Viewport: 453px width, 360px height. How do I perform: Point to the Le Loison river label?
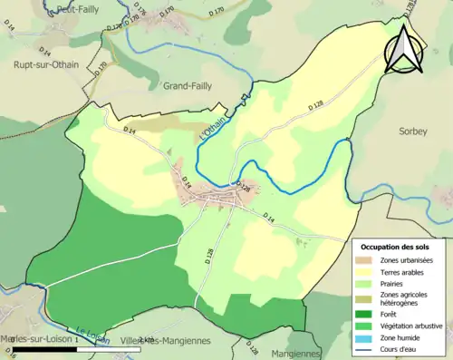pyautogui.click(x=92, y=336)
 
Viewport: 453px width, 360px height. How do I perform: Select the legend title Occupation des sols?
pyautogui.click(x=395, y=247)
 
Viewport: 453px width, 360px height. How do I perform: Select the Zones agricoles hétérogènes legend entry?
pyautogui.click(x=409, y=298)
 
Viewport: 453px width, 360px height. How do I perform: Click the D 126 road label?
pyautogui.click(x=243, y=187)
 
